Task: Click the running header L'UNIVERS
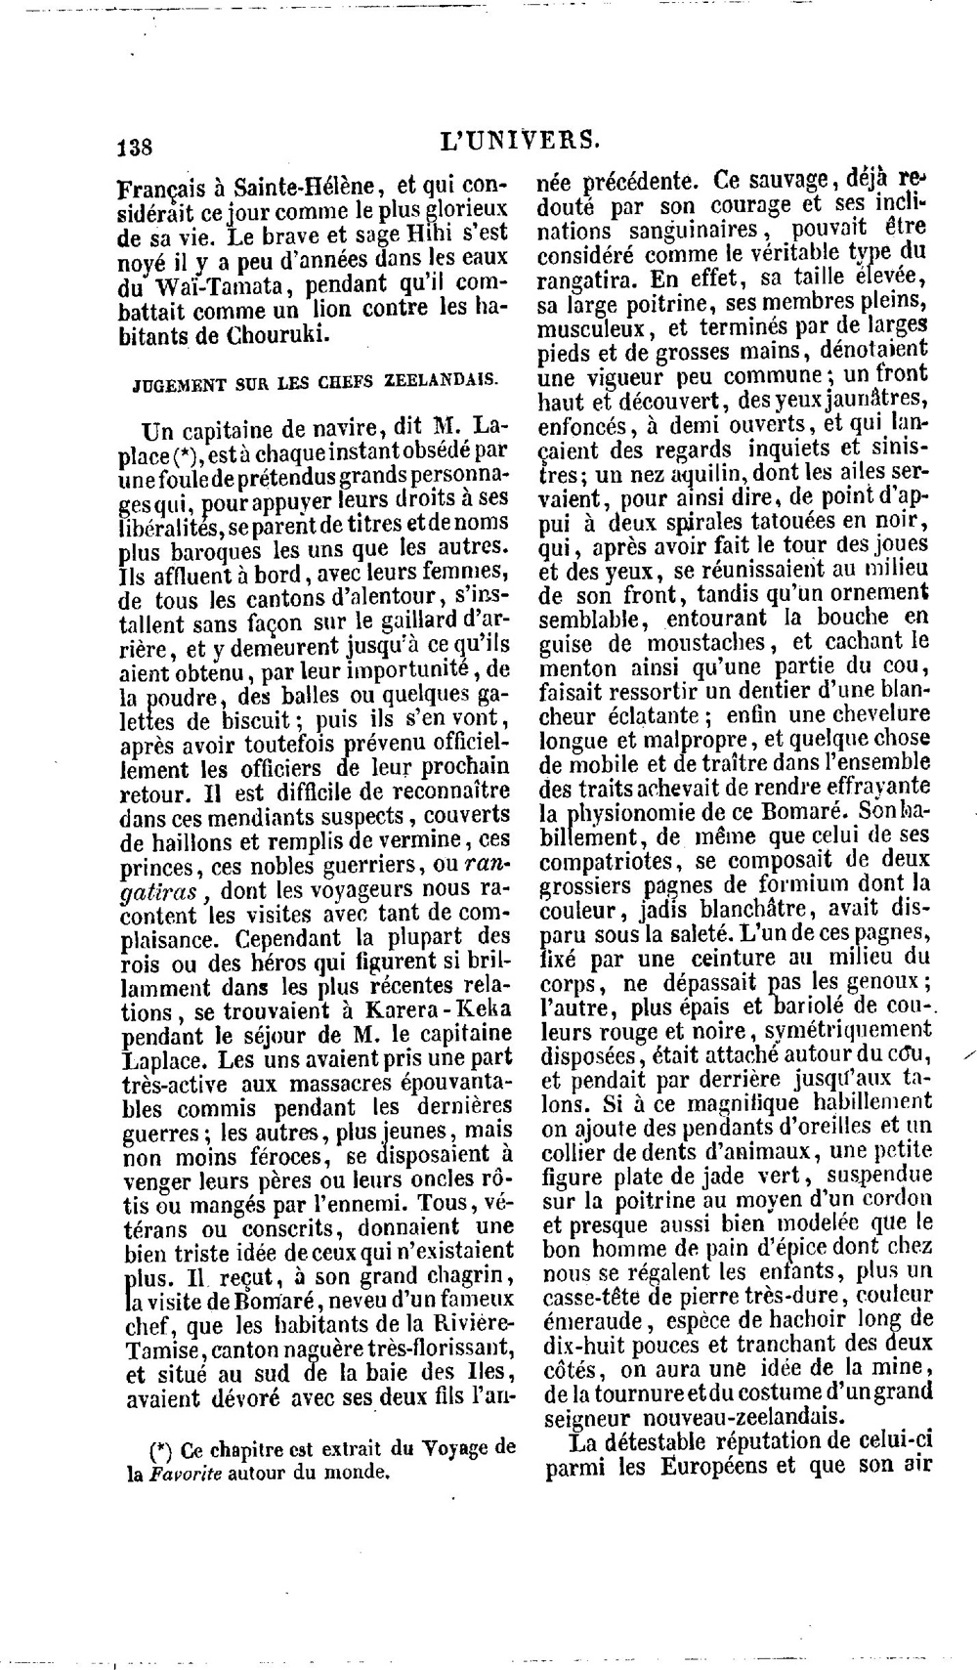coord(519,140)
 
